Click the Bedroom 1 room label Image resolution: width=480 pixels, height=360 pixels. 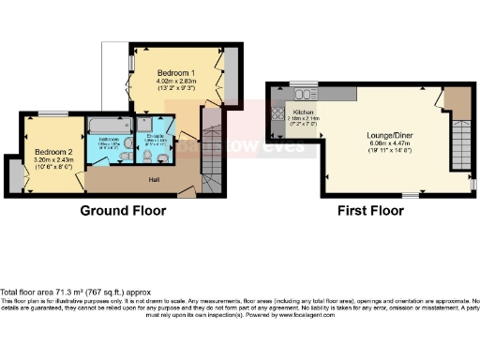point(175,72)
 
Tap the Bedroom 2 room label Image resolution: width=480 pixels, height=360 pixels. point(53,151)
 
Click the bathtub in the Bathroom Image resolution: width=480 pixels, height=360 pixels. point(111,124)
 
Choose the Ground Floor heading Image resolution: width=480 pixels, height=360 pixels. point(123,211)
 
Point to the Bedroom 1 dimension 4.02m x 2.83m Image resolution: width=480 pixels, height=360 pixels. point(175,82)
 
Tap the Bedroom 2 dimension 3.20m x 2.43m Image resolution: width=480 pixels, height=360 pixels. point(53,160)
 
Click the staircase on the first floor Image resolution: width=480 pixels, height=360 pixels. point(458,150)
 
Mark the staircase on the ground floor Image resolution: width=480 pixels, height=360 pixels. point(212,150)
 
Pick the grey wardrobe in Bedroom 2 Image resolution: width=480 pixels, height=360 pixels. point(14,174)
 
